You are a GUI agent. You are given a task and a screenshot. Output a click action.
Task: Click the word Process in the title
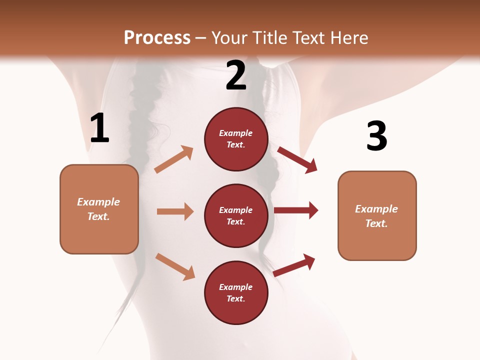pyautogui.click(x=157, y=38)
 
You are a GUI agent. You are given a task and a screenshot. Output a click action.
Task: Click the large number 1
pyautogui.click(x=99, y=128)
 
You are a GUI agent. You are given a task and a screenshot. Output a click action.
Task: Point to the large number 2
pyautogui.click(x=236, y=76)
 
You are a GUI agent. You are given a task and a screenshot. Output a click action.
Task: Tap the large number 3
pyautogui.click(x=376, y=136)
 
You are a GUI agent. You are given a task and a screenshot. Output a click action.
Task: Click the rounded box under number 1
pyautogui.click(x=99, y=209)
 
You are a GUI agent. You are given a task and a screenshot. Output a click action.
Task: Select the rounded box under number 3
pyautogui.click(x=377, y=216)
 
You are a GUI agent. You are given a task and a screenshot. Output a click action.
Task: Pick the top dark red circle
pyautogui.click(x=236, y=139)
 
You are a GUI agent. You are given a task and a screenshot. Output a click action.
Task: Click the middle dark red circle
pyautogui.click(x=236, y=216)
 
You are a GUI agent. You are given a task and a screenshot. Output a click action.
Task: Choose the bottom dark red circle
pyautogui.click(x=236, y=293)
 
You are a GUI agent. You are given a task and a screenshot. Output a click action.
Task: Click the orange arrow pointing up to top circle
pyautogui.click(x=174, y=159)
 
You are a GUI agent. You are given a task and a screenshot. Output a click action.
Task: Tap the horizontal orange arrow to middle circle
pyautogui.click(x=175, y=211)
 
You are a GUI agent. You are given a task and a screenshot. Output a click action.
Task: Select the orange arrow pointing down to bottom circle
pyautogui.click(x=175, y=266)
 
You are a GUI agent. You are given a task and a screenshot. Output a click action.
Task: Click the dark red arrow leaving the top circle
pyautogui.click(x=297, y=159)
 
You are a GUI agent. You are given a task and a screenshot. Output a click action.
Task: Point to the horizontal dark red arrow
pyautogui.click(x=296, y=210)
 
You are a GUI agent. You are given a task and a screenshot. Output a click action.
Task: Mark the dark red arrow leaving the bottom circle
pyautogui.click(x=294, y=265)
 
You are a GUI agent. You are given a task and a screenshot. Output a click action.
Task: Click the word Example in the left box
pyautogui.click(x=98, y=202)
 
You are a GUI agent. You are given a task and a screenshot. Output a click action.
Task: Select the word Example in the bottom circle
pyautogui.click(x=236, y=287)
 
